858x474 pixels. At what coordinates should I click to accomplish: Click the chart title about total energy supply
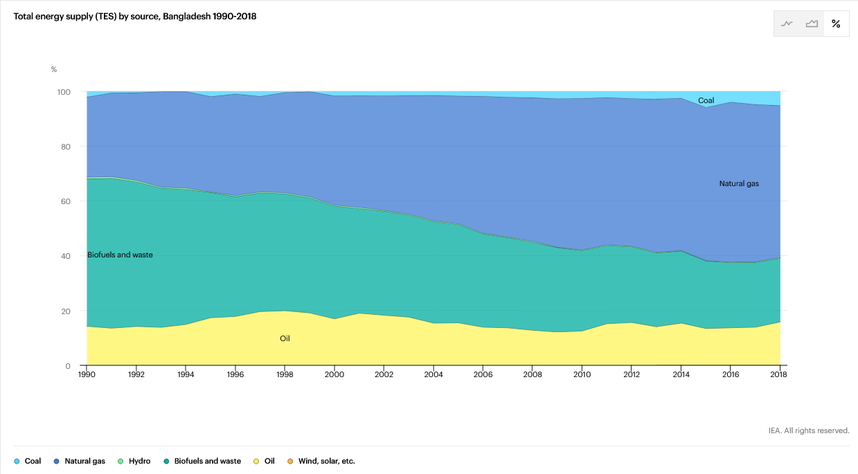[x=135, y=17]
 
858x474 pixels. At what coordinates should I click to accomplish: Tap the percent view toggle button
[x=836, y=24]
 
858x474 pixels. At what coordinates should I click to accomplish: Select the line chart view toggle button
[x=787, y=24]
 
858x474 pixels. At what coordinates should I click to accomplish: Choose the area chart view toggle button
[x=812, y=24]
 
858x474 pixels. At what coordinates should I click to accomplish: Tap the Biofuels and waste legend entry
[x=202, y=461]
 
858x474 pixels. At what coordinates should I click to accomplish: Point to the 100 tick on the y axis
[x=64, y=92]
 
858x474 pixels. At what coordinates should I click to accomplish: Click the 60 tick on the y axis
[x=66, y=201]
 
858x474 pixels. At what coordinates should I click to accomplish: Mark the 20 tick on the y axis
[x=66, y=311]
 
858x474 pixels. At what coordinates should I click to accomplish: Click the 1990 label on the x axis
[x=87, y=374]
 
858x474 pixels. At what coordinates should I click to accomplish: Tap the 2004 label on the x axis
[x=433, y=374]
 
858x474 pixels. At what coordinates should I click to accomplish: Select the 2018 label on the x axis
[x=779, y=374]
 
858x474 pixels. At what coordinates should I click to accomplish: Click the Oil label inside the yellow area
[x=285, y=338]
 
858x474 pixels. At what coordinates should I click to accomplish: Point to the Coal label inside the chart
[x=706, y=101]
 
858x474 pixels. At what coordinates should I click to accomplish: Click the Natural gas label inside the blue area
[x=739, y=184]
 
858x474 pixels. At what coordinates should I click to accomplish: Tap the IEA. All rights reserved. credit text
[x=808, y=430]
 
